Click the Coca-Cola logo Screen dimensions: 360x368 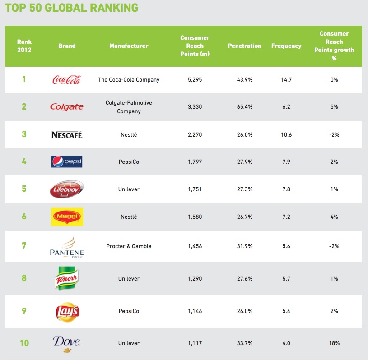pyautogui.click(x=67, y=80)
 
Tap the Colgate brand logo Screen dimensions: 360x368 pyautogui.click(x=67, y=107)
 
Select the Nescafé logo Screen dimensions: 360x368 pyautogui.click(x=67, y=134)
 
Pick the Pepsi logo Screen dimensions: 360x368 pyautogui.click(x=67, y=162)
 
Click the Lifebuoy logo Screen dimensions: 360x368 pyautogui.click(x=67, y=189)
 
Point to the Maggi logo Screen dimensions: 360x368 pyautogui.click(x=67, y=217)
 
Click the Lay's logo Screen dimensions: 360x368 pyautogui.click(x=67, y=311)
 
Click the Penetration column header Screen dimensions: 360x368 pyautogui.click(x=244, y=46)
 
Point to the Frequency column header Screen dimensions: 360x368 pyautogui.click(x=286, y=46)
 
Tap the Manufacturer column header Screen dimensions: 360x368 pyautogui.click(x=129, y=46)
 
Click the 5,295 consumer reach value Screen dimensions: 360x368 pyautogui.click(x=195, y=80)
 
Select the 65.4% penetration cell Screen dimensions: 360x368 pyautogui.click(x=244, y=107)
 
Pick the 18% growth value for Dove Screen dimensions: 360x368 pyautogui.click(x=334, y=343)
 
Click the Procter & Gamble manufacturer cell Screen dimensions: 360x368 pyautogui.click(x=129, y=246)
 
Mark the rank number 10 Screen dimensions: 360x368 pyautogui.click(x=24, y=343)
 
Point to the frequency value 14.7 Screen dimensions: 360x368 pyautogui.click(x=286, y=80)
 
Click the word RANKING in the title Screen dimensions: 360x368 pyautogui.click(x=113, y=8)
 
